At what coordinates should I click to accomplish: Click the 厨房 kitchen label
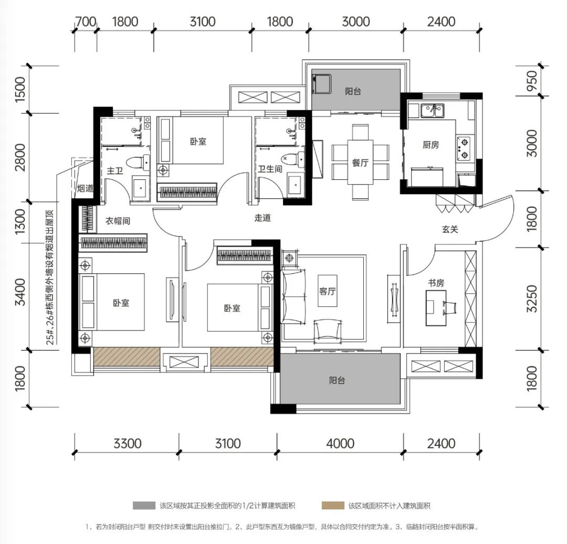(430, 145)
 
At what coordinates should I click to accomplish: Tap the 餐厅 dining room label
(360, 163)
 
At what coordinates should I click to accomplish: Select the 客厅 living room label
(327, 291)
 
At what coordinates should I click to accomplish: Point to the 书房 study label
(436, 283)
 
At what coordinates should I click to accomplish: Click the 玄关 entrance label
(450, 229)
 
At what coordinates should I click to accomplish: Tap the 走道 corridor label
(262, 218)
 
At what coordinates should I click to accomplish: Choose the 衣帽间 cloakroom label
(118, 221)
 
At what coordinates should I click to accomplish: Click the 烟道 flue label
(86, 188)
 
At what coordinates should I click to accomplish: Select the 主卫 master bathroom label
(114, 170)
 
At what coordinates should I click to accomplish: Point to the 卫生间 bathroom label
(270, 169)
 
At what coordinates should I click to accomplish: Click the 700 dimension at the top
(86, 22)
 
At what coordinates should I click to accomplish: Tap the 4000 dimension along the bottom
(340, 443)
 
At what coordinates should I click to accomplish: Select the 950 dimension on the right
(532, 81)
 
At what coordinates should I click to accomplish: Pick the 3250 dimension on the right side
(532, 298)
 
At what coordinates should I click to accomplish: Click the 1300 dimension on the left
(20, 221)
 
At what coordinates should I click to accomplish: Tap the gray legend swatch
(144, 505)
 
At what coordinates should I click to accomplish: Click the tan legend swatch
(333, 505)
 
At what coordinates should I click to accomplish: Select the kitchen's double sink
(433, 111)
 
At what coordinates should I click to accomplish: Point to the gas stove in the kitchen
(463, 149)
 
